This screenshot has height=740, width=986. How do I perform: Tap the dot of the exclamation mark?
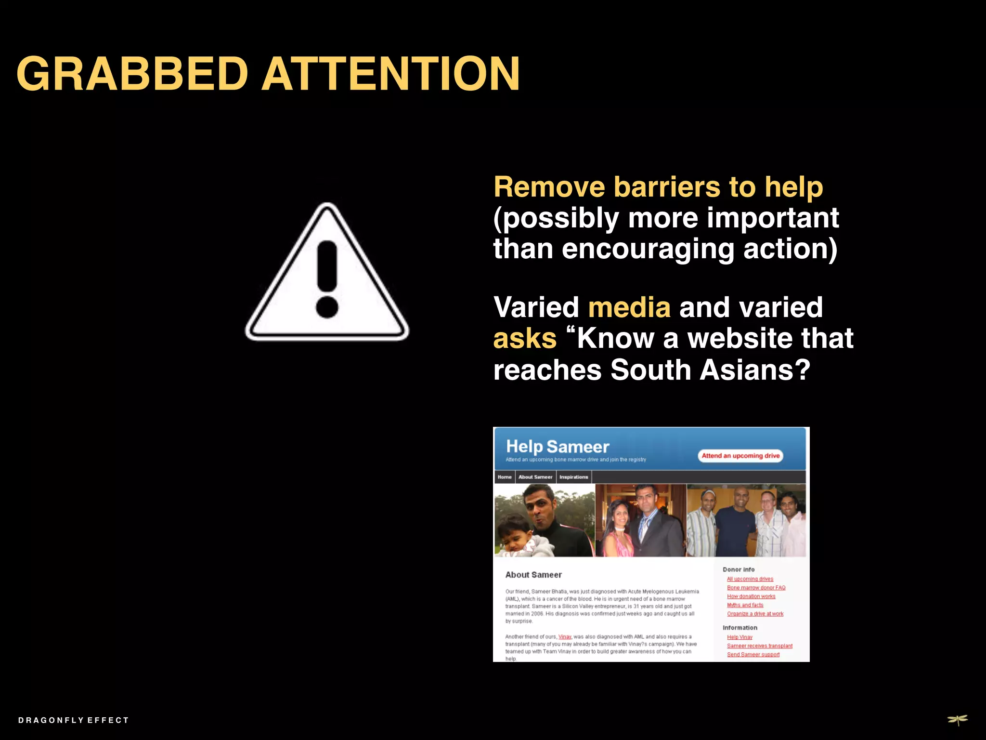(x=327, y=307)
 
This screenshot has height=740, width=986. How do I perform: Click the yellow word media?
(x=629, y=307)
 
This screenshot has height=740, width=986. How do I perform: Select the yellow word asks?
(x=525, y=339)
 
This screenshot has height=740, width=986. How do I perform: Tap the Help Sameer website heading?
(x=558, y=447)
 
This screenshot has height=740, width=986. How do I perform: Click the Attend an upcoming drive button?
(x=740, y=456)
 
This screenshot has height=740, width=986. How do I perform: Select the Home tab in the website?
(x=505, y=477)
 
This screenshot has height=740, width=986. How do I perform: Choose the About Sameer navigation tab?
(x=535, y=477)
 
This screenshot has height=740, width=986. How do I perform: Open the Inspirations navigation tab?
(x=573, y=477)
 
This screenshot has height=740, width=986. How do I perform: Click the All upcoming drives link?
(x=750, y=579)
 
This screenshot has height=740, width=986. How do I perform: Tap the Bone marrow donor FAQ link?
(x=756, y=588)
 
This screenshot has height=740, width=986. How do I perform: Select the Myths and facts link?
(x=745, y=605)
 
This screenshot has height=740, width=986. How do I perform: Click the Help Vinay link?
(x=739, y=637)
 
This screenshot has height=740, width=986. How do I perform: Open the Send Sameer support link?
(x=753, y=654)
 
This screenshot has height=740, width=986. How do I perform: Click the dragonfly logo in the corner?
(x=958, y=720)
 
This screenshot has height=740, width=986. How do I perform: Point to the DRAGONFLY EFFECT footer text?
(x=73, y=720)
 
